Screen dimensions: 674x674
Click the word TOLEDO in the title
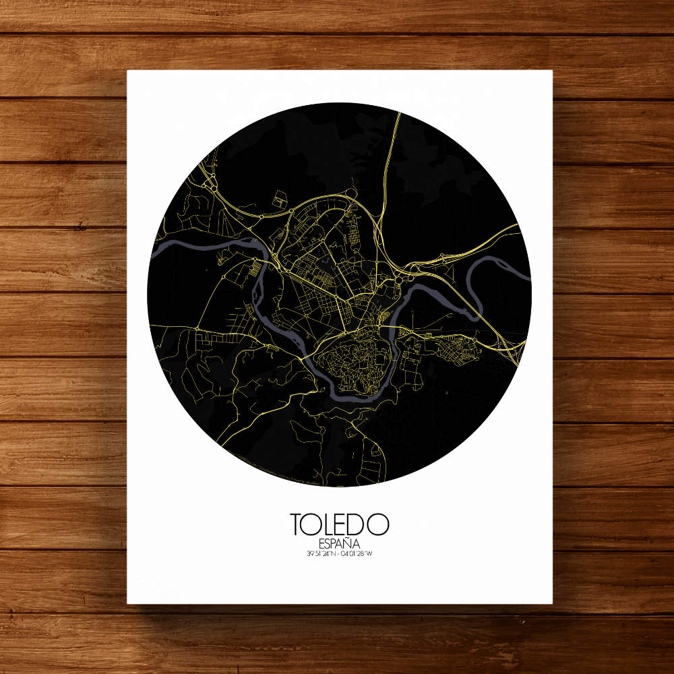pyautogui.click(x=340, y=524)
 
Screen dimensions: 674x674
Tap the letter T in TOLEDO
pyautogui.click(x=297, y=524)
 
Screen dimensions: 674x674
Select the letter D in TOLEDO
pyautogui.click(x=360, y=524)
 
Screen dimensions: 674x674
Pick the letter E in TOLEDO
pyautogui.click(x=344, y=524)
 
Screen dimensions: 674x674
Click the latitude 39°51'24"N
pyautogui.click(x=320, y=554)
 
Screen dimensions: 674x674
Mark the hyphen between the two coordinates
pyautogui.click(x=338, y=554)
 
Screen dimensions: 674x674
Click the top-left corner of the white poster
pyautogui.click(x=128, y=71)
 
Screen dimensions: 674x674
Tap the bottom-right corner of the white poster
pyautogui.click(x=552, y=603)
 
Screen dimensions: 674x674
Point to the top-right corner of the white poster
pyautogui.click(x=552, y=71)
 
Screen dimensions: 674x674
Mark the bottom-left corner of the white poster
pyautogui.click(x=128, y=603)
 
